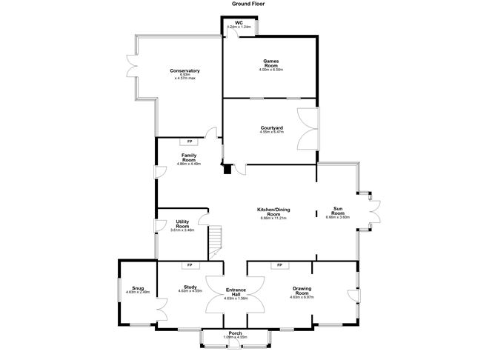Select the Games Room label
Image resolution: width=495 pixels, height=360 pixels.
(271, 64)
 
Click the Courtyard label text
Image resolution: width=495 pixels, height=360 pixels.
(272, 129)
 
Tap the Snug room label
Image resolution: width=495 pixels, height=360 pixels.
(138, 289)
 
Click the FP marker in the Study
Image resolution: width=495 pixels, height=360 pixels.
(190, 265)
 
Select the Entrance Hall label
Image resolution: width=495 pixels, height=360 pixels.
(235, 293)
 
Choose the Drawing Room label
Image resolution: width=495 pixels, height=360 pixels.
(301, 293)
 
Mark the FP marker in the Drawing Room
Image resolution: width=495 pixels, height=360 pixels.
(280, 265)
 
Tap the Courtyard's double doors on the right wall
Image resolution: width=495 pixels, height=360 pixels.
(308, 129)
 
